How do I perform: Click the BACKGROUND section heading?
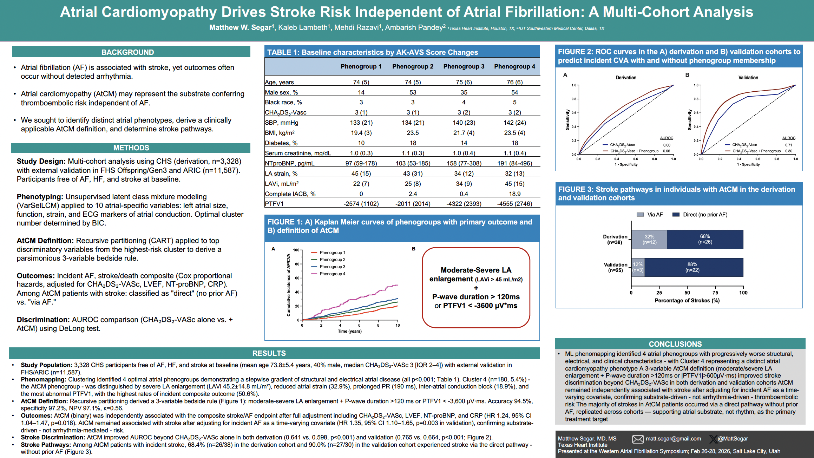tap(127, 52)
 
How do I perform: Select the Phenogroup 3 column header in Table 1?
tap(464, 66)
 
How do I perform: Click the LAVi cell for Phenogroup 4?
tap(514, 184)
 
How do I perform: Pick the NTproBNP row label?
tap(290, 163)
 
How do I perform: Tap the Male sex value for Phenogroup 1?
tap(361, 92)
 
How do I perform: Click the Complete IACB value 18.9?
tap(514, 194)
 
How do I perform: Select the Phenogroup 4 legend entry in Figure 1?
tap(332, 274)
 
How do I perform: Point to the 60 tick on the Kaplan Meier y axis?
tap(297, 278)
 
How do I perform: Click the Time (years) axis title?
tap(349, 331)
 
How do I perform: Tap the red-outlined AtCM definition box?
tap(476, 288)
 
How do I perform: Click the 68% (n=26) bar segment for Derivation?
tap(705, 239)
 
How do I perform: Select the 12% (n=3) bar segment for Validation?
tap(638, 267)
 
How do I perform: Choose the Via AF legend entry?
tap(650, 215)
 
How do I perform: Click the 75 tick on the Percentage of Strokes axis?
tap(715, 293)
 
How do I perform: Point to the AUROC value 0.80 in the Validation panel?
tap(789, 151)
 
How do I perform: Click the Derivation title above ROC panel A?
tap(626, 78)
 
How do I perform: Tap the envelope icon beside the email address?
tap(638, 439)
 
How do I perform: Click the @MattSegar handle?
tap(733, 439)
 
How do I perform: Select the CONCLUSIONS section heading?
tap(675, 344)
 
